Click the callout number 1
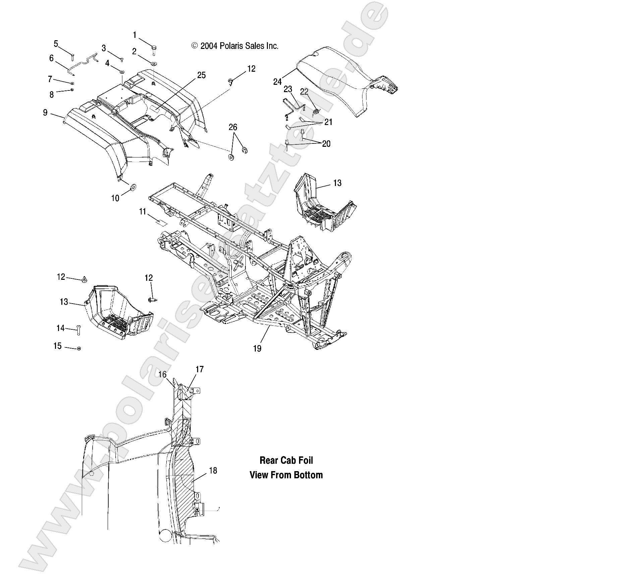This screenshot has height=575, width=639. pyautogui.click(x=135, y=35)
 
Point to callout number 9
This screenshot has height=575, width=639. pyautogui.click(x=45, y=113)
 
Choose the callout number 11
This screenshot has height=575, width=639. pyautogui.click(x=143, y=211)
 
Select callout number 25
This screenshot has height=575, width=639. pyautogui.click(x=201, y=75)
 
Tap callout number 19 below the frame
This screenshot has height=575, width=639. pyautogui.click(x=257, y=348)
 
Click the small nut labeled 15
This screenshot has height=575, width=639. pyautogui.click(x=78, y=349)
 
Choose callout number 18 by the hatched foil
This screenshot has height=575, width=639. pyautogui.click(x=213, y=471)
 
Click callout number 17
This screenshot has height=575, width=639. pyautogui.click(x=199, y=369)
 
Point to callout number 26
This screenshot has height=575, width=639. pyautogui.click(x=233, y=127)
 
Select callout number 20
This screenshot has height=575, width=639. pyautogui.click(x=326, y=144)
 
